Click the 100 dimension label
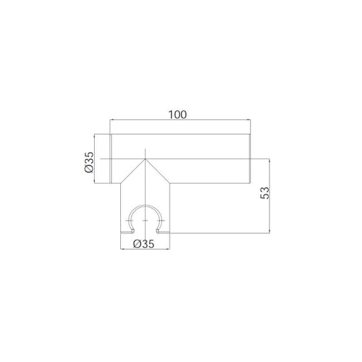(177, 115)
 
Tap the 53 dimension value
(264, 193)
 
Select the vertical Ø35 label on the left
(89, 163)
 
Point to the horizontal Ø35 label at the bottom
(144, 244)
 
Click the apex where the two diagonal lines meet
(145, 159)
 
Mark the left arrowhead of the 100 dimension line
(112, 120)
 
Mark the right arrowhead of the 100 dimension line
(249, 120)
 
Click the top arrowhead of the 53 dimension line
(269, 160)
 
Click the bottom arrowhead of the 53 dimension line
(269, 231)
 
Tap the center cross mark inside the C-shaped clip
(145, 221)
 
